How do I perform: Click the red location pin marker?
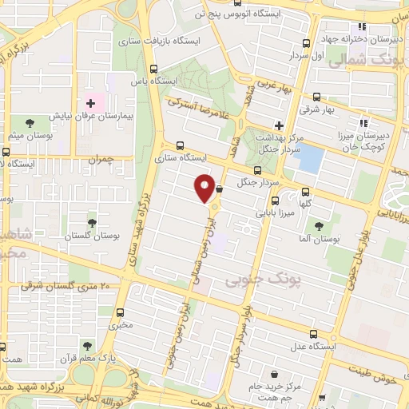pos(204,188)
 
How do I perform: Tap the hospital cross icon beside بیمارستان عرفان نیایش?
pos(90,102)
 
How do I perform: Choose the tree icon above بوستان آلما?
pos(320,226)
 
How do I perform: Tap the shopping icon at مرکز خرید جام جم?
pos(275,374)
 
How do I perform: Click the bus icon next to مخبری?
pos(121,312)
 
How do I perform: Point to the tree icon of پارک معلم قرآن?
pos(86,345)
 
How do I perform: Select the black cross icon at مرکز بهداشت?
pos(278,125)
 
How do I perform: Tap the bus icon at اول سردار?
pos(307,45)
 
